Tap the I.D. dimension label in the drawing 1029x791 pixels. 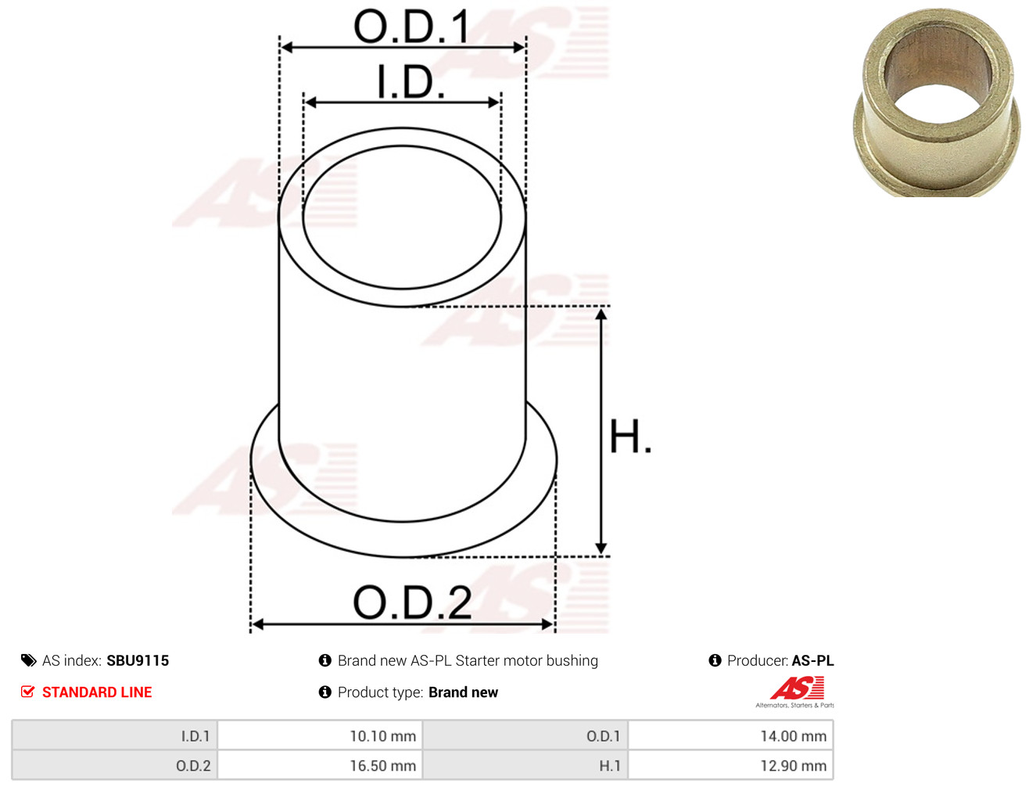point(411,81)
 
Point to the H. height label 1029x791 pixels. point(630,437)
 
